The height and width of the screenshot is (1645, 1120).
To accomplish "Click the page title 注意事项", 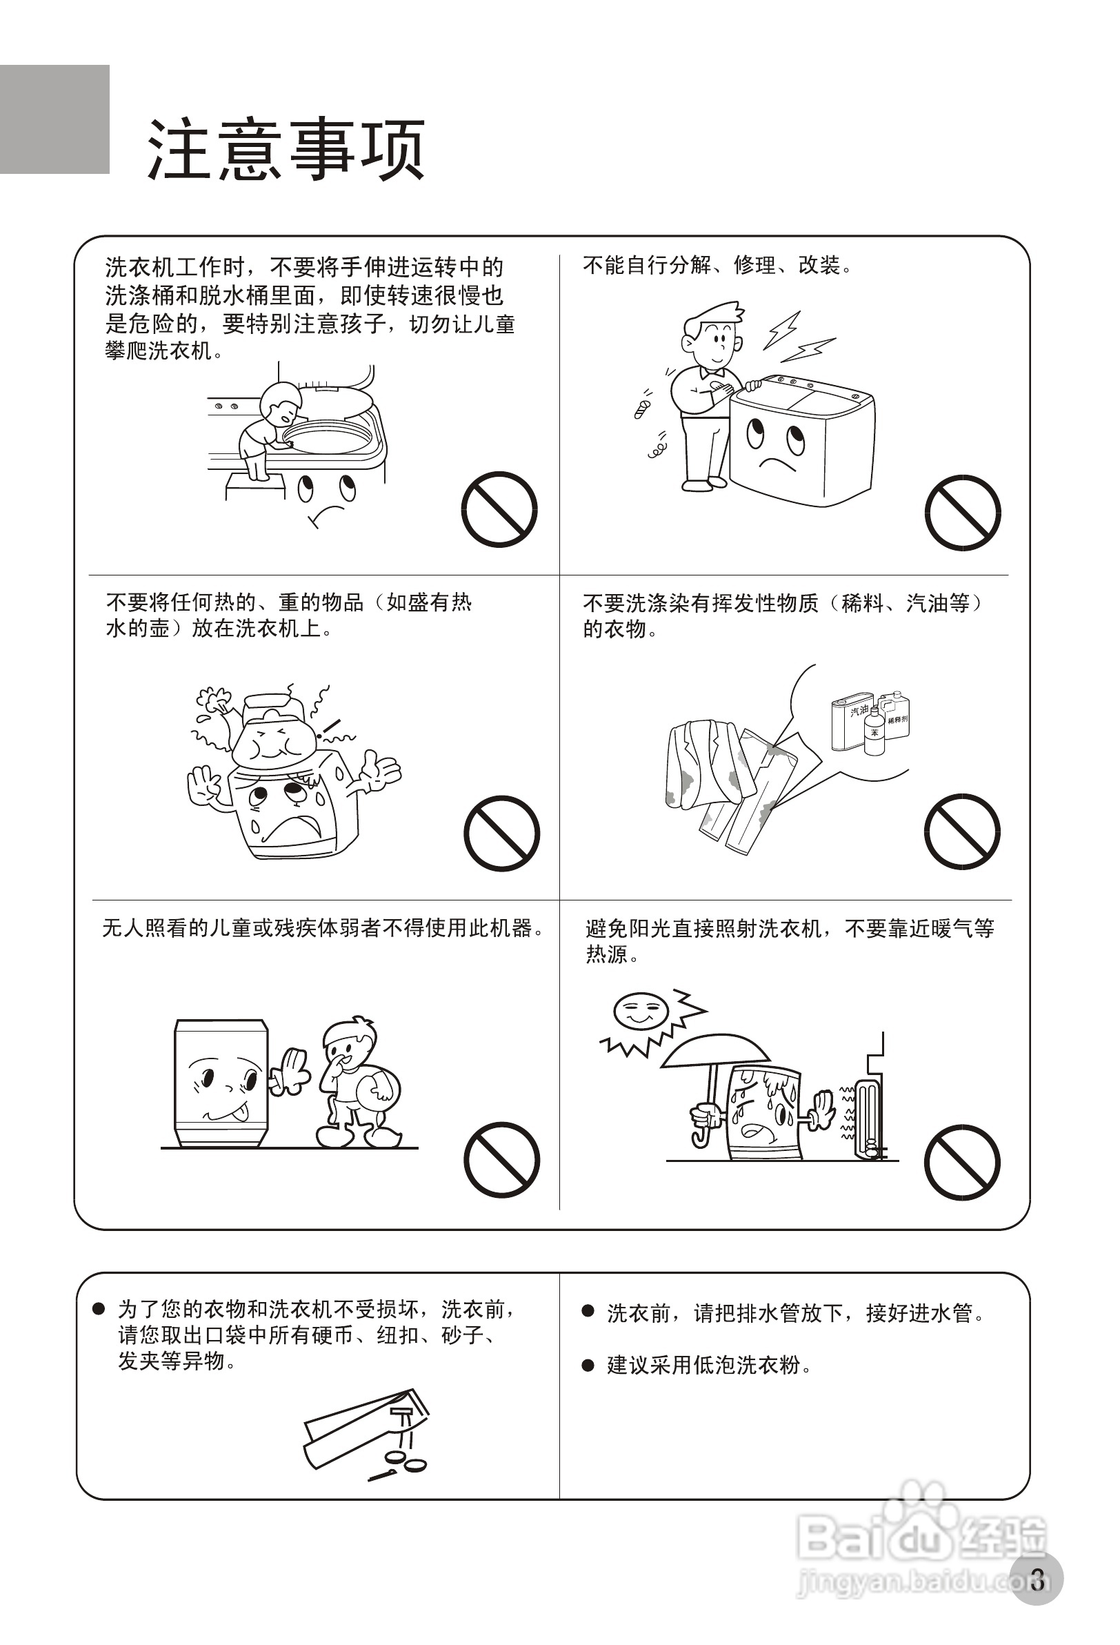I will [x=286, y=150].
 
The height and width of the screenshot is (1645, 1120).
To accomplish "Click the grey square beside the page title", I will [x=54, y=119].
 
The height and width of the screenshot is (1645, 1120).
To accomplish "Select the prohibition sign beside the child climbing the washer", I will [x=499, y=509].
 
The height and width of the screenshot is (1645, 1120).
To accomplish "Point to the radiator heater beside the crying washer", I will [x=868, y=1119].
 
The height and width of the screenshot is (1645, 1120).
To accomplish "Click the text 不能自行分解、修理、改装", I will [x=717, y=266].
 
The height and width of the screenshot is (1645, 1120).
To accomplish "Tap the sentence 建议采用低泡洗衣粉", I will [x=708, y=1366].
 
